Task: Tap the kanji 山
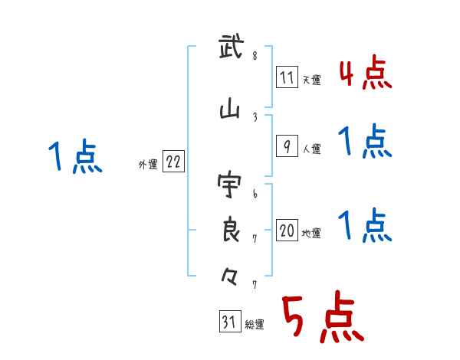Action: [230, 112]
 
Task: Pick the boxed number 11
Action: [287, 77]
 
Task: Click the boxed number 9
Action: [286, 146]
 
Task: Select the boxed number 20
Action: [287, 231]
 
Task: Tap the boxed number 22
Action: [173, 162]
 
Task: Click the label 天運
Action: [311, 80]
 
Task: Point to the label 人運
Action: [311, 149]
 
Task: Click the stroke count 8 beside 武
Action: [255, 56]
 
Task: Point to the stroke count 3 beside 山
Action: [255, 116]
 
